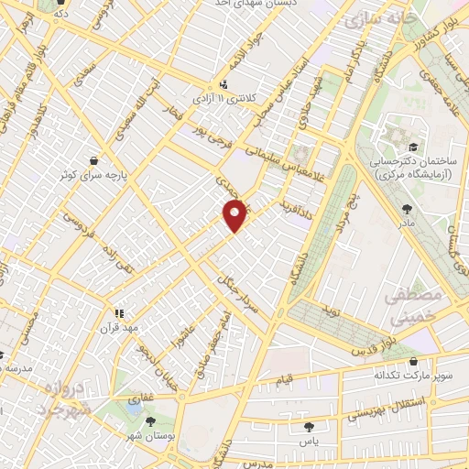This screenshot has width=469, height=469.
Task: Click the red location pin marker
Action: [235, 215]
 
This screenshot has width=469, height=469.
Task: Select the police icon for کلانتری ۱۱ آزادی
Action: [199, 95]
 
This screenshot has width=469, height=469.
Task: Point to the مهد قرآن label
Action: [118, 326]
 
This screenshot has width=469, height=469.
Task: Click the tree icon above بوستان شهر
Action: [150, 420]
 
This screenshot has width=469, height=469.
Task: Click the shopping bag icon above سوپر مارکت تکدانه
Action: [419, 360]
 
